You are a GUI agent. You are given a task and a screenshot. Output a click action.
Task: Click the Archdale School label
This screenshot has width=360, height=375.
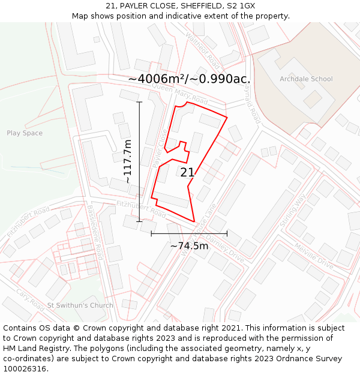pos(306,79)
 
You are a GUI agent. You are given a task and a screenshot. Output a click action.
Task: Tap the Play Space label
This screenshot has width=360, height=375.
pos(25,133)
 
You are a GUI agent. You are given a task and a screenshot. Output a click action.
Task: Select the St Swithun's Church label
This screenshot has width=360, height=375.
pos(80,305)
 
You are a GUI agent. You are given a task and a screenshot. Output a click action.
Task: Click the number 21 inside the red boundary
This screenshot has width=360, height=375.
pos(187,173)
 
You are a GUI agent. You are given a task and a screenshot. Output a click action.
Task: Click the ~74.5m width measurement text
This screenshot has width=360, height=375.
pos(189,245)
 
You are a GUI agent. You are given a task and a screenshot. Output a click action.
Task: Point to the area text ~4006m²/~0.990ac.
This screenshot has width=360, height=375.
pos(189,79)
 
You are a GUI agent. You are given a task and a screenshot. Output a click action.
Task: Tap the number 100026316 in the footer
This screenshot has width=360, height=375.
pos(25,369)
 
